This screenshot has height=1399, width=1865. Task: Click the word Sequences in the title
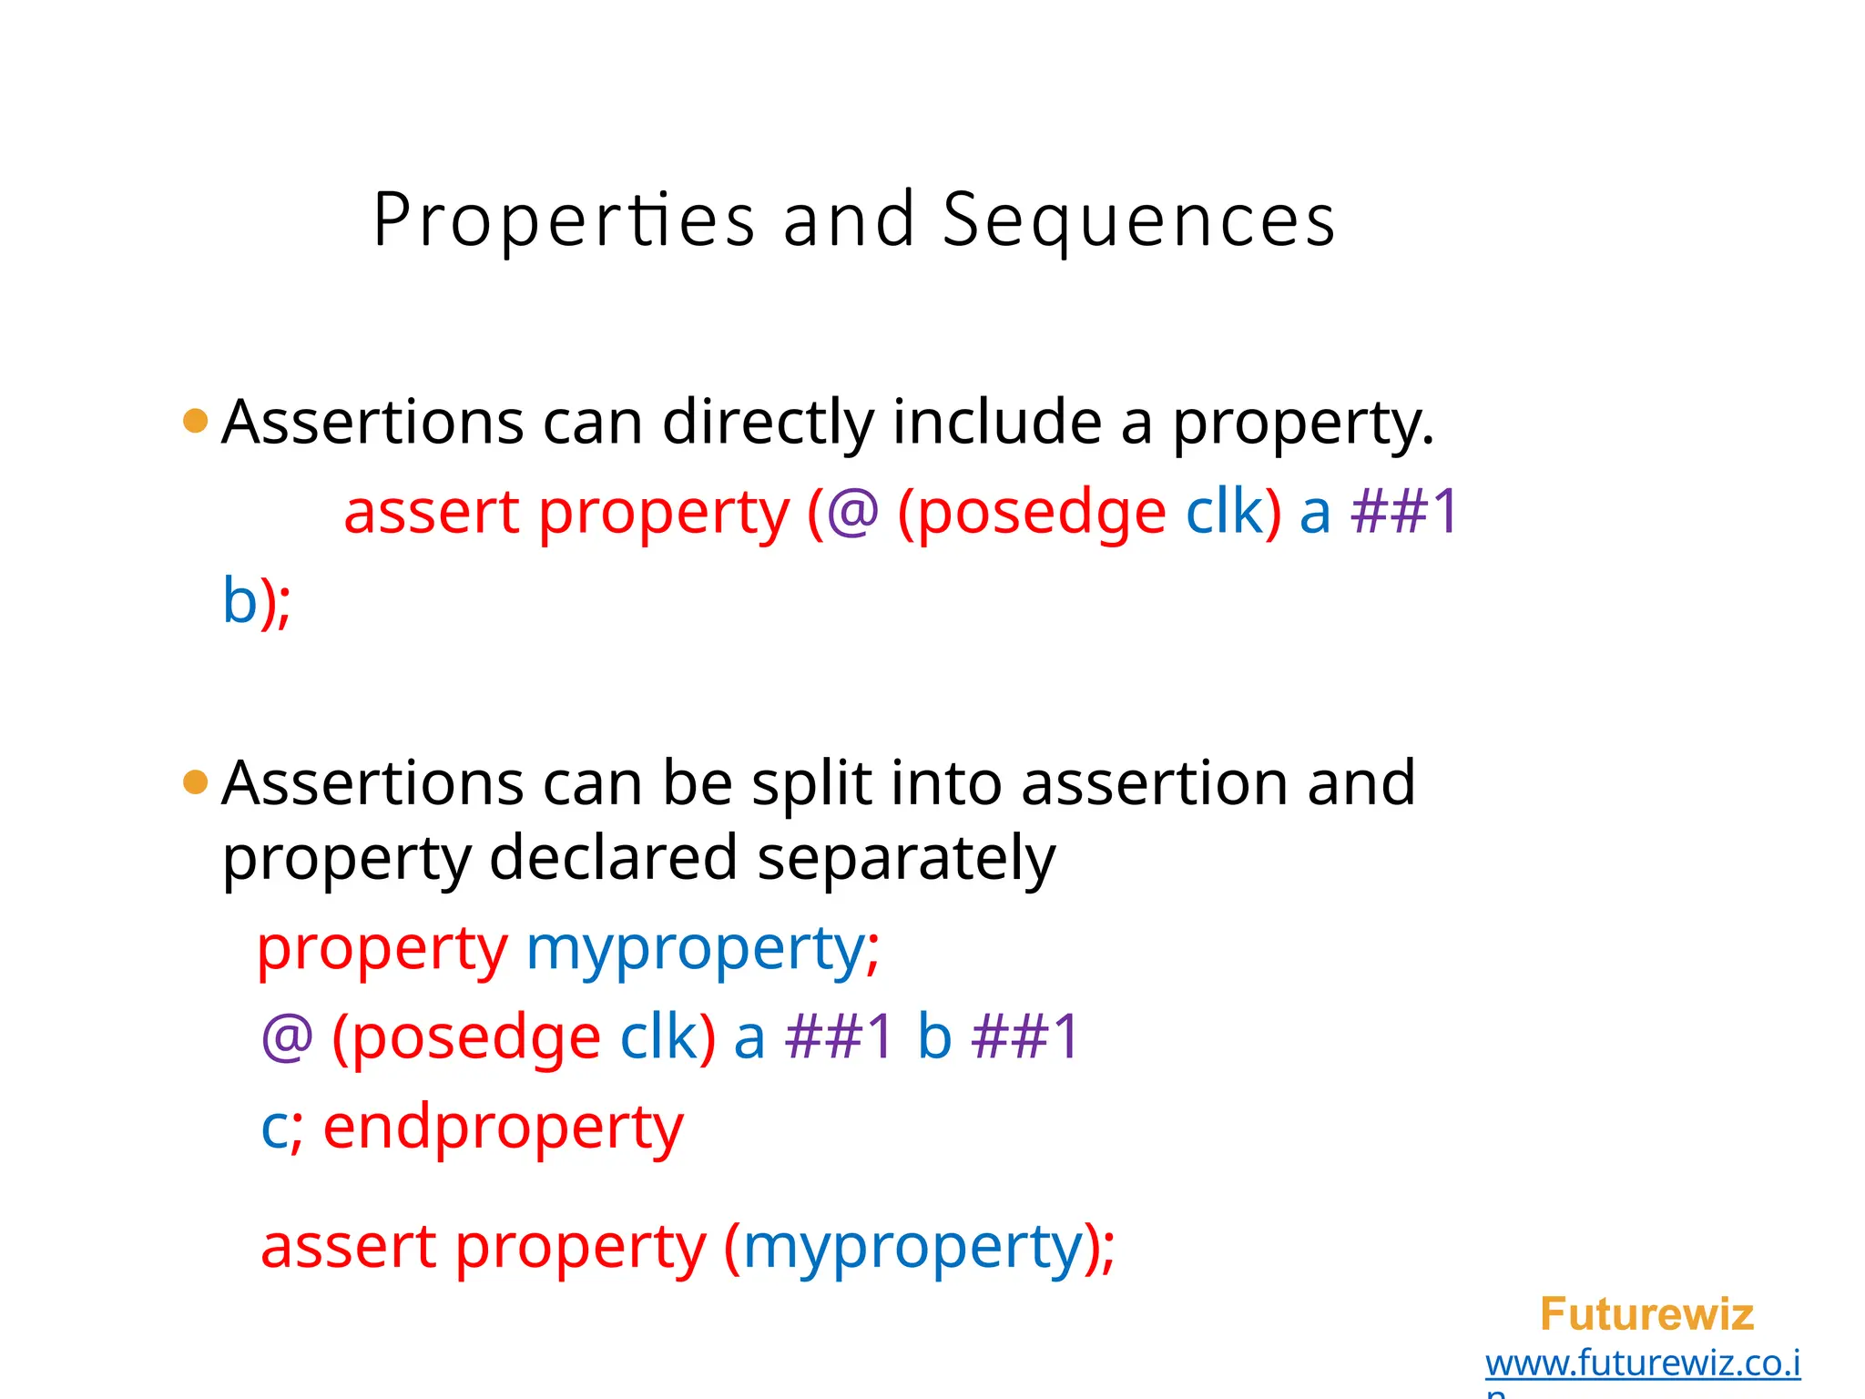click(x=1138, y=220)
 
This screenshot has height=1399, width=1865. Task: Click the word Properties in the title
click(x=564, y=220)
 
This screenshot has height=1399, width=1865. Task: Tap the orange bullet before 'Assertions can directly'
click(x=196, y=421)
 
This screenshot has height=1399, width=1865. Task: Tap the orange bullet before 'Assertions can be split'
click(x=196, y=781)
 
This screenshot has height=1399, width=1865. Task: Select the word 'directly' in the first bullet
click(x=768, y=423)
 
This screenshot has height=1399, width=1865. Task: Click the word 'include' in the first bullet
click(x=997, y=423)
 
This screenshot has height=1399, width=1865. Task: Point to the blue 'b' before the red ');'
click(x=239, y=601)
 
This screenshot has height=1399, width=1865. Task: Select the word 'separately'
click(x=906, y=858)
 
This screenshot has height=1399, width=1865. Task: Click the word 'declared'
click(x=613, y=858)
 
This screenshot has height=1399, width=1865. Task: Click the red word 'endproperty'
click(x=503, y=1128)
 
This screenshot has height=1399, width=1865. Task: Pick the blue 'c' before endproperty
click(x=274, y=1129)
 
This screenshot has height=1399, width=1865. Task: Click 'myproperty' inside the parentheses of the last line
click(x=912, y=1248)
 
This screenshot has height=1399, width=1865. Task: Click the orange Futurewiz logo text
click(x=1646, y=1314)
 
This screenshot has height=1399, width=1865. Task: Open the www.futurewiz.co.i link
click(x=1642, y=1363)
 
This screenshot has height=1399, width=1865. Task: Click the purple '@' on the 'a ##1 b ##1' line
click(x=287, y=1037)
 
